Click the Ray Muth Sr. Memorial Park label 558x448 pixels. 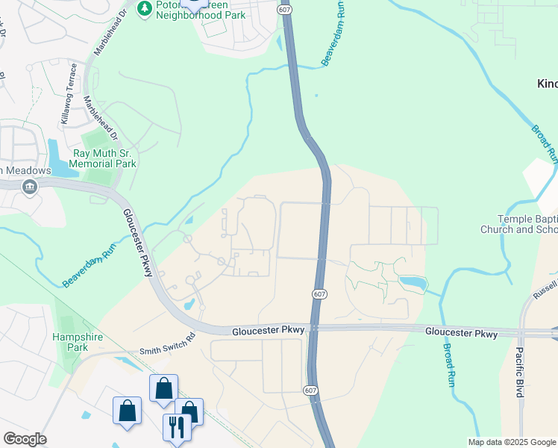click(104, 158)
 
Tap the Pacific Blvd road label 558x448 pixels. click(520, 371)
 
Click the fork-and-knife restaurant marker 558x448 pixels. click(176, 427)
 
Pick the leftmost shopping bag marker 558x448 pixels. click(127, 411)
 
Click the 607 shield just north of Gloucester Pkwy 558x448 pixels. click(319, 295)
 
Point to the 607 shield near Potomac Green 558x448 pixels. click(284, 9)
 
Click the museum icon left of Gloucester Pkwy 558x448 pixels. click(30, 187)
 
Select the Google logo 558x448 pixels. click(25, 439)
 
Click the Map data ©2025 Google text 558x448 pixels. click(512, 442)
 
